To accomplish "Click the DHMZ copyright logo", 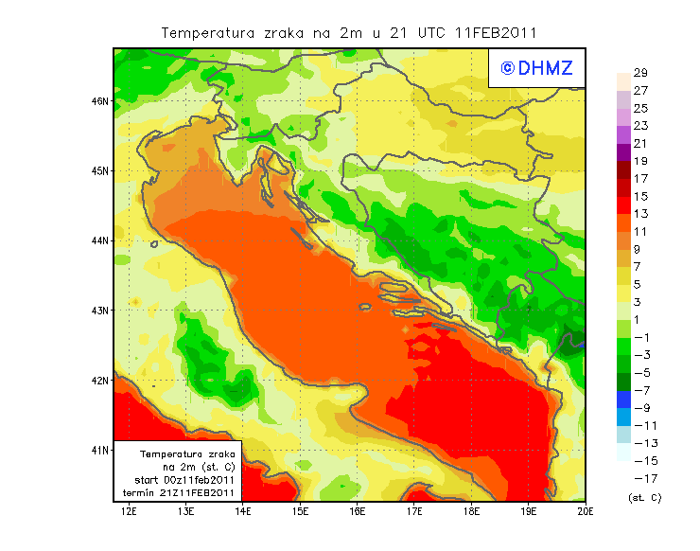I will pyautogui.click(x=532, y=68).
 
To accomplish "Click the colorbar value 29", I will pyautogui.click(x=640, y=73).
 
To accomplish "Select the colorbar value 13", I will pyautogui.click(x=640, y=214).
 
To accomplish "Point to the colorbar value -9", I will pyautogui.click(x=640, y=408).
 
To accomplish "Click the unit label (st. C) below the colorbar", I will pyautogui.click(x=644, y=497).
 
